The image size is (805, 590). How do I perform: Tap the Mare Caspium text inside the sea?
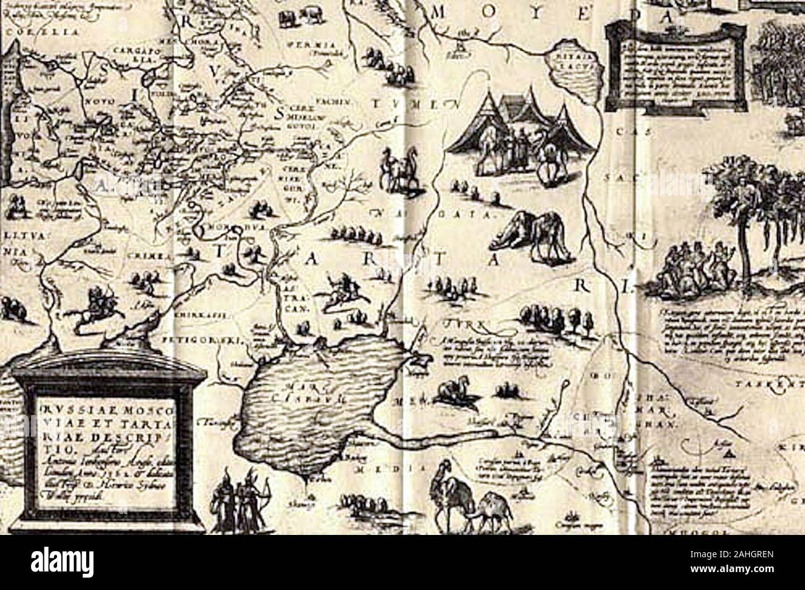pos(292,393)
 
